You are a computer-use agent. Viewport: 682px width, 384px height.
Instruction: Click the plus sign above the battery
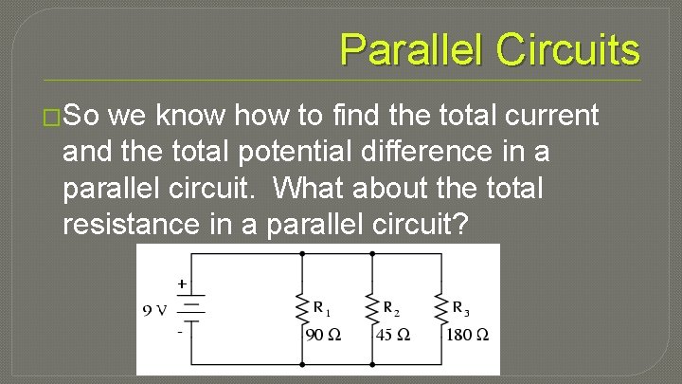point(181,283)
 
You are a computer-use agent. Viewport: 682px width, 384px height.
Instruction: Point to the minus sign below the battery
point(180,331)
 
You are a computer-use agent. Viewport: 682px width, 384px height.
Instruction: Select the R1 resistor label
point(323,308)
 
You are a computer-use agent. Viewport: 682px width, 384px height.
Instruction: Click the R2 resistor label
point(391,308)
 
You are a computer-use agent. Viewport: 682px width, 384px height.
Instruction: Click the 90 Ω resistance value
point(322,335)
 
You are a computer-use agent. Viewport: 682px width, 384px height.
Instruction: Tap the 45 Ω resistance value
point(392,335)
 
